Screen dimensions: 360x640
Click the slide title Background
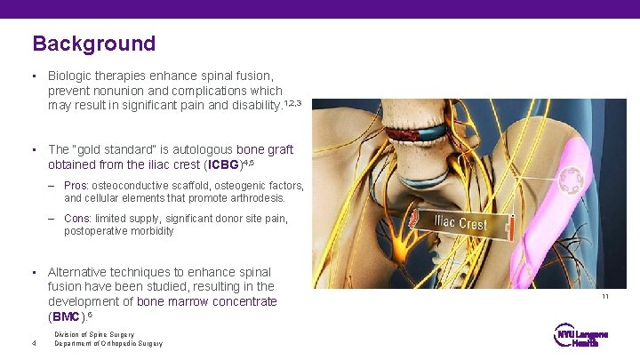tap(93, 44)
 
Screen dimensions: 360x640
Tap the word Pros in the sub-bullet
tap(76, 186)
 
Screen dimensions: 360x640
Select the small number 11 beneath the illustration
tap(605, 297)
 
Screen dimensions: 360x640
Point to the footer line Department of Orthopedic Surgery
tap(108, 344)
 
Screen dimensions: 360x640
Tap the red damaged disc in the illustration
tap(397, 136)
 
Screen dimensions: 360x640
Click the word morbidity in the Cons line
tap(154, 231)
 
